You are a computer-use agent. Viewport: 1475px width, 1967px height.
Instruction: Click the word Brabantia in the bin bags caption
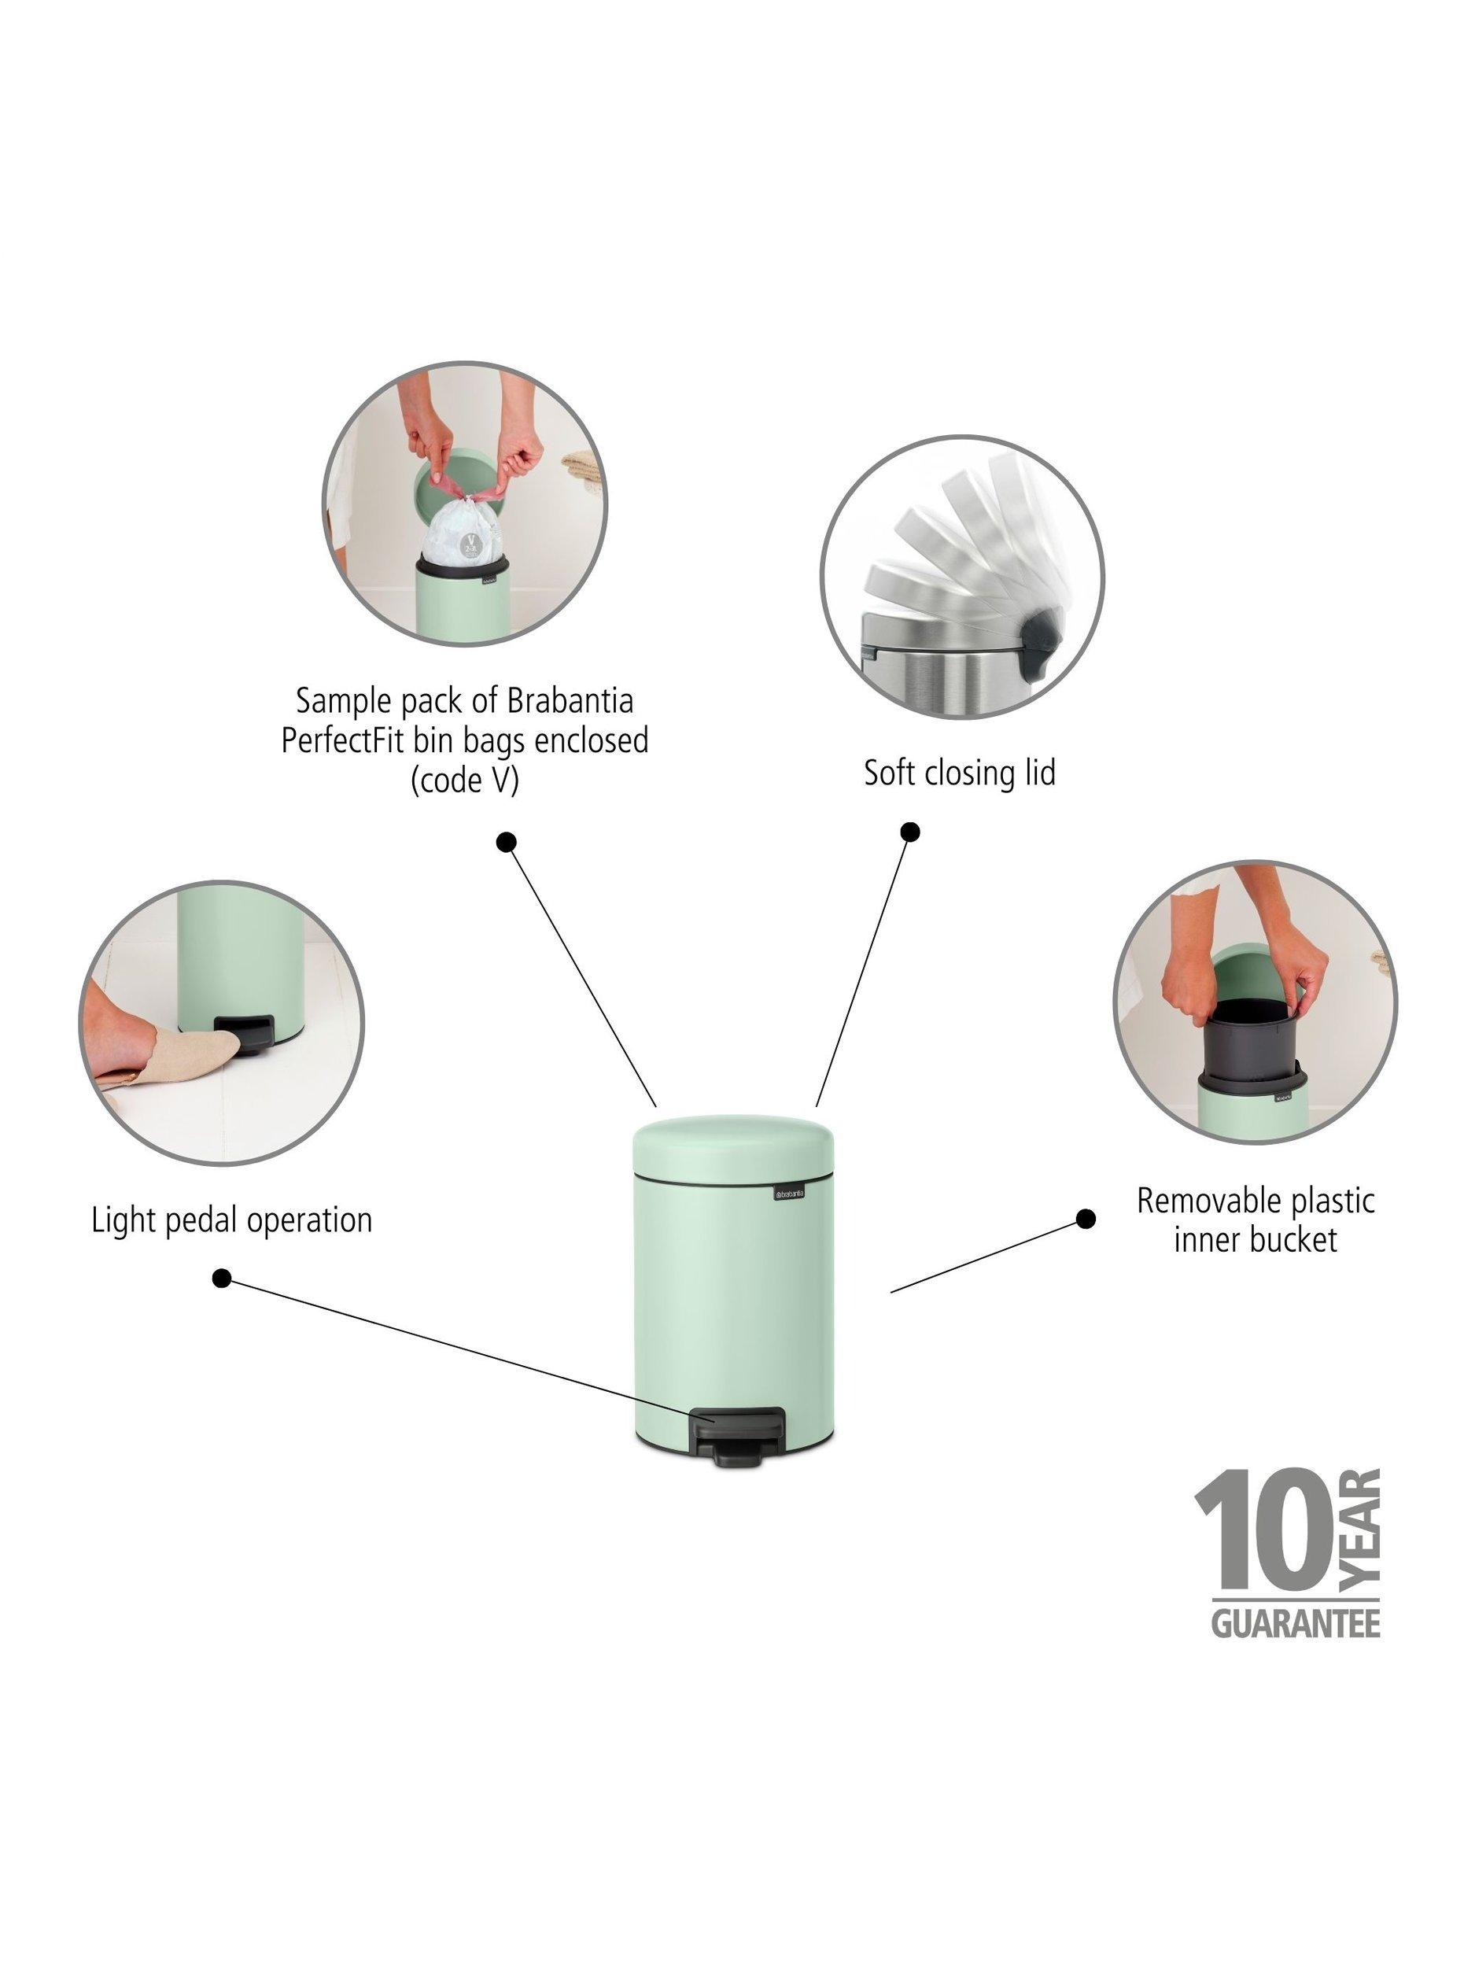(570, 701)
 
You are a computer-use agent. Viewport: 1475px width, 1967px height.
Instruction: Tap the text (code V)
(464, 780)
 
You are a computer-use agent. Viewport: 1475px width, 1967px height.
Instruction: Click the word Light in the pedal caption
(121, 1220)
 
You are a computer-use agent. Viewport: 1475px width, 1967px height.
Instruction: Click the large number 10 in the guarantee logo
(1263, 1537)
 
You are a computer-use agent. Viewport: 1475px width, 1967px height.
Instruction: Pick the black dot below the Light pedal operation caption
(223, 1279)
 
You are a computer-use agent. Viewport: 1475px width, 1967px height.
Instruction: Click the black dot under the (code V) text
(507, 841)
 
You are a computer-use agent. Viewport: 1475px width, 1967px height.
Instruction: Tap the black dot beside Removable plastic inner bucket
(1086, 1220)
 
